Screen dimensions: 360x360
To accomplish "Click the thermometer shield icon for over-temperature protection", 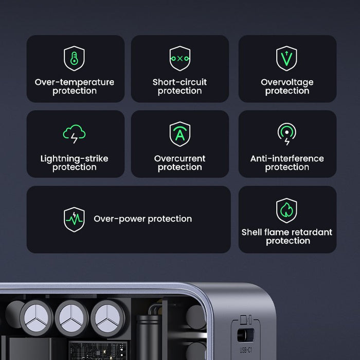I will coord(74,58).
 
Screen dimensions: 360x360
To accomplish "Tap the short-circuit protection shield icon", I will coord(179,58).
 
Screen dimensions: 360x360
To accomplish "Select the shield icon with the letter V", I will coord(286,58).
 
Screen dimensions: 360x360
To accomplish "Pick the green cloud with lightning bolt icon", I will coord(74,134).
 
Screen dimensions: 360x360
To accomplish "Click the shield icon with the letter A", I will coord(179,134).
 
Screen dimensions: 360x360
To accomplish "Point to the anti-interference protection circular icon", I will coord(286,134).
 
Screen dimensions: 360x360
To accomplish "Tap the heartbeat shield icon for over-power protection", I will coord(74,220).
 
